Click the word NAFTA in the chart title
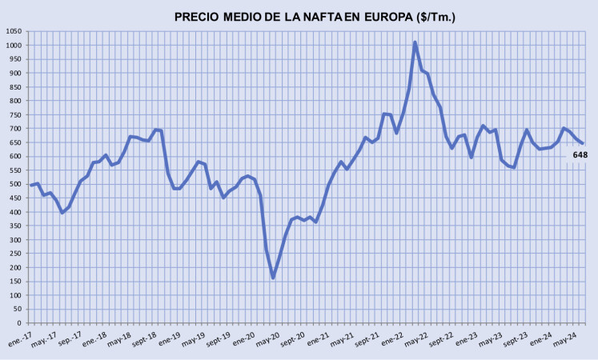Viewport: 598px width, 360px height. click(x=323, y=16)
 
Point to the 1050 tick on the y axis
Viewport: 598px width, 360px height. click(x=14, y=31)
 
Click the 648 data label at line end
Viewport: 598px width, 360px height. click(x=580, y=155)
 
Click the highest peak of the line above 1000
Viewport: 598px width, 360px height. click(x=415, y=43)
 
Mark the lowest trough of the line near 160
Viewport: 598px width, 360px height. click(x=273, y=278)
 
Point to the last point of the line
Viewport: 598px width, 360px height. click(x=582, y=143)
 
